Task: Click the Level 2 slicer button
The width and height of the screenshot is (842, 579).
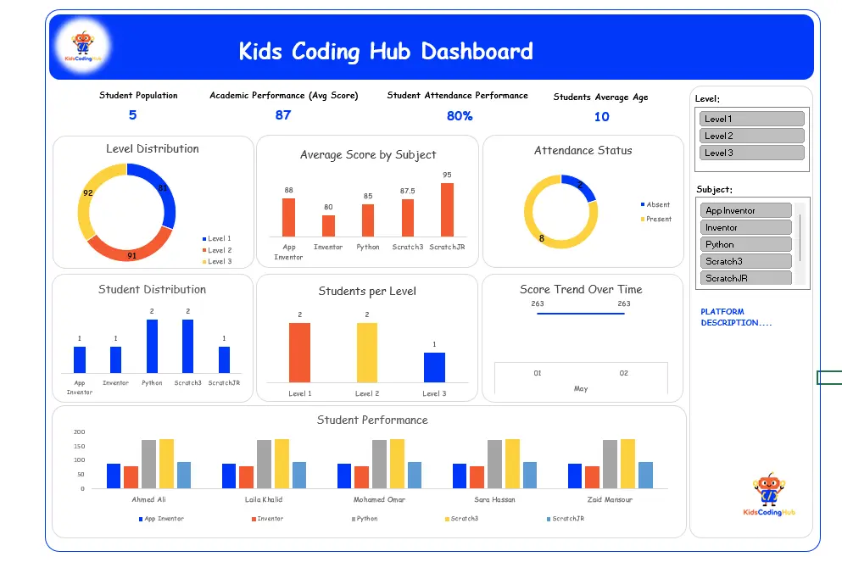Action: [751, 136]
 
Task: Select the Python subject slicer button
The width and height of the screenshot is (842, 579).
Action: [745, 244]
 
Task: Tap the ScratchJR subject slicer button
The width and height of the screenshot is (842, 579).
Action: [745, 278]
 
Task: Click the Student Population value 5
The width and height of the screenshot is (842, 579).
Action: [132, 115]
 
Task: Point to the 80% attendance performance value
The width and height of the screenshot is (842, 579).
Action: [460, 116]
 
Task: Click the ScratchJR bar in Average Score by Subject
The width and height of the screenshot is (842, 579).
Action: [448, 210]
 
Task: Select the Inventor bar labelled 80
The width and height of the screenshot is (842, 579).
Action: [328, 226]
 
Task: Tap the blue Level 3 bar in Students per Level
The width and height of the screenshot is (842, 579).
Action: [434, 367]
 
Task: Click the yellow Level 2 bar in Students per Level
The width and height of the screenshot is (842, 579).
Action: [367, 353]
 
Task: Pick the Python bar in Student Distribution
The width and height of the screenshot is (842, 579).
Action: [152, 347]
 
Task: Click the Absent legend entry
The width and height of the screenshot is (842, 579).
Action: [655, 204]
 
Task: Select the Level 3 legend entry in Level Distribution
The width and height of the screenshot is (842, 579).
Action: [217, 262]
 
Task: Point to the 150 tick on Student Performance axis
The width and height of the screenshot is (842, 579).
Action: [79, 447]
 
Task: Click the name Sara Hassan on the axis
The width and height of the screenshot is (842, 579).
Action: [494, 499]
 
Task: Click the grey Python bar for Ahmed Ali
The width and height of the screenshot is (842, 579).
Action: [148, 464]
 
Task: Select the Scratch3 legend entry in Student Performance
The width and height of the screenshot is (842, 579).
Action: [461, 519]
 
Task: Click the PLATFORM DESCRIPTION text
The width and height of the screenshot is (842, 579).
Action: [736, 317]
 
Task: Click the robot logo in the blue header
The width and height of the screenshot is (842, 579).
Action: [83, 46]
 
